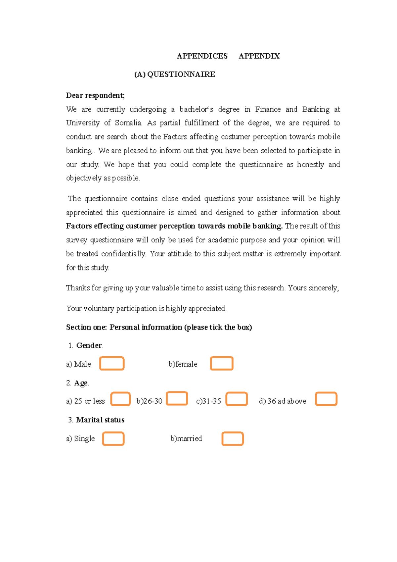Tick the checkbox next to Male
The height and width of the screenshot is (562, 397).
pyautogui.click(x=112, y=363)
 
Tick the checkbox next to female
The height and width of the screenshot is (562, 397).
pyautogui.click(x=222, y=363)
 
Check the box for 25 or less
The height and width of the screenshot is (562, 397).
pyautogui.click(x=120, y=399)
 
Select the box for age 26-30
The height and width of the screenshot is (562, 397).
pyautogui.click(x=177, y=398)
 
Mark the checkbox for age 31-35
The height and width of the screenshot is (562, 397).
pyautogui.click(x=237, y=399)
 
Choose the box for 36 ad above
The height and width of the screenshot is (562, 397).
pyautogui.click(x=326, y=399)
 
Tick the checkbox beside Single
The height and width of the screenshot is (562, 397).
pyautogui.click(x=113, y=438)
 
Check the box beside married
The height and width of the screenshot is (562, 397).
pyautogui.click(x=233, y=438)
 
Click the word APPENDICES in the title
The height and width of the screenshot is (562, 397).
pyautogui.click(x=202, y=56)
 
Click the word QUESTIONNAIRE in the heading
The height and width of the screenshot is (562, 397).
pyautogui.click(x=181, y=74)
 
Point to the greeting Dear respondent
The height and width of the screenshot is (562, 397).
pyautogui.click(x=95, y=95)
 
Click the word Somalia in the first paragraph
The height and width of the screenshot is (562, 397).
pyautogui.click(x=128, y=123)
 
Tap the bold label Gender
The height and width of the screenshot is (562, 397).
pyautogui.click(x=89, y=345)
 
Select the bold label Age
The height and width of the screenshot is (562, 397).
pyautogui.click(x=81, y=383)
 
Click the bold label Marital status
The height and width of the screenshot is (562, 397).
pyautogui.click(x=100, y=420)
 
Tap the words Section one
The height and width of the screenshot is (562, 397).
pyautogui.click(x=86, y=327)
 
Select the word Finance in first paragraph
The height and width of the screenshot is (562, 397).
pyautogui.click(x=268, y=109)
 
